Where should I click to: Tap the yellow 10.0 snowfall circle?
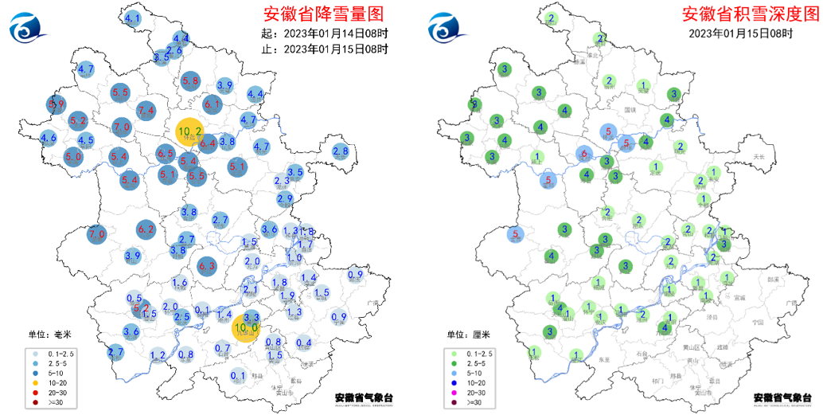pos(246,327)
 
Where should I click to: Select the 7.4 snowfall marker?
pos(146,110)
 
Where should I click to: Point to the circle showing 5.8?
pos(190,80)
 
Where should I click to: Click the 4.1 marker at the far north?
pos(133,18)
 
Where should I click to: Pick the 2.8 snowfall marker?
pos(341,151)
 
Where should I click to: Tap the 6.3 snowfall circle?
pos(207,267)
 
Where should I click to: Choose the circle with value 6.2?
pos(146,230)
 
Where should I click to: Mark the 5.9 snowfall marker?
pos(56,104)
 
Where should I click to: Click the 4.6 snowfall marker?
pos(48,139)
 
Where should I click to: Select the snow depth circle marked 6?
pos(584,155)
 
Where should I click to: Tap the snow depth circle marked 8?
pos(474,104)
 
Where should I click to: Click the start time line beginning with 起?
pos(325,33)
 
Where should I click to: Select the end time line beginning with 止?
pos(325,49)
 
